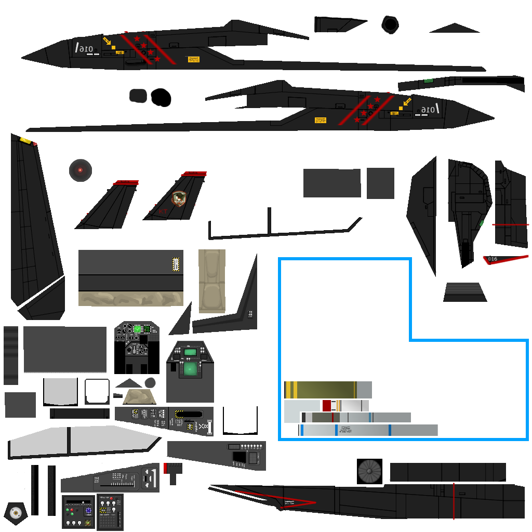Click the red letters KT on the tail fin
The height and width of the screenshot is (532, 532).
pyautogui.click(x=163, y=211)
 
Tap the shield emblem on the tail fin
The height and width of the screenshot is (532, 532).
pyautogui.click(x=179, y=198)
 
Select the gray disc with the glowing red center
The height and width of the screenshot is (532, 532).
pyautogui.click(x=81, y=170)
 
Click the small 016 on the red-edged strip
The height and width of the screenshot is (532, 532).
pyautogui.click(x=493, y=259)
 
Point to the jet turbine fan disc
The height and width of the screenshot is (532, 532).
pyautogui.click(x=369, y=471)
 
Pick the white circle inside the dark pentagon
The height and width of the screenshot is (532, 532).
pyautogui.click(x=16, y=512)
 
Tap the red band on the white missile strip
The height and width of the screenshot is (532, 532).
pyautogui.click(x=326, y=405)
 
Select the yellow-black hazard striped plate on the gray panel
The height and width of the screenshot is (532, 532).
pyautogui.click(x=176, y=264)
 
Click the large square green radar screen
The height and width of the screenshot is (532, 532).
pyautogui.click(x=190, y=368)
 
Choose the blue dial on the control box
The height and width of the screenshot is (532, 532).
pyautogui.click(x=88, y=511)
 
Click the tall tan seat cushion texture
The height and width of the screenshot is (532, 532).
pyautogui.click(x=212, y=281)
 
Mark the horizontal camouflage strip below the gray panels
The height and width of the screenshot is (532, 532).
pyautogui.click(x=130, y=299)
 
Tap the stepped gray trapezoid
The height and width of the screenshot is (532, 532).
pyautogui.click(x=464, y=292)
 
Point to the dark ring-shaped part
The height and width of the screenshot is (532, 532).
pyautogui.click(x=390, y=24)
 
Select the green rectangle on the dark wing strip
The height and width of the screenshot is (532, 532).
pyautogui.click(x=428, y=81)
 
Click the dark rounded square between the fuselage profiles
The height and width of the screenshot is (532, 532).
pyautogui.click(x=138, y=96)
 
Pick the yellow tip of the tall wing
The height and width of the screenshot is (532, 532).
pyautogui.click(x=25, y=140)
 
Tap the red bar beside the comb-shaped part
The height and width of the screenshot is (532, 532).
pyautogui.click(x=165, y=468)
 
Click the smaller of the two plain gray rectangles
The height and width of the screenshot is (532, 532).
pyautogui.click(x=380, y=183)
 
